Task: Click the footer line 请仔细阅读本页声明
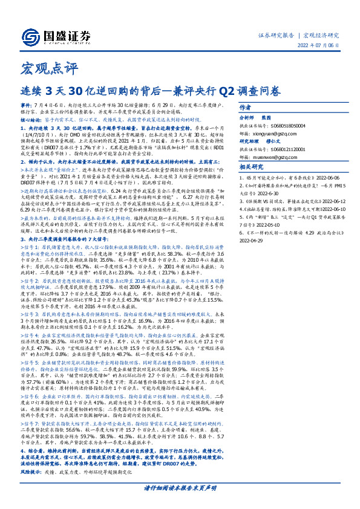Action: pyautogui.click(x=180, y=487)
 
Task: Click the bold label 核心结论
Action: pyautogui.click(x=30, y=120)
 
